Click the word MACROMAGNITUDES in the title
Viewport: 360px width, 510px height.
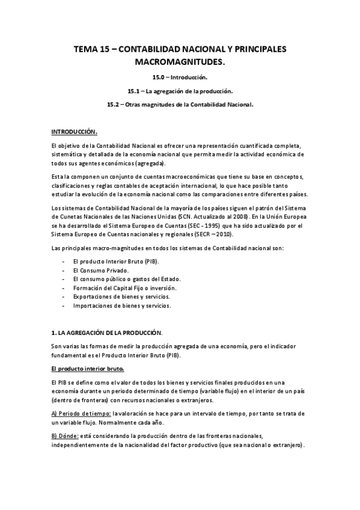click(x=180, y=62)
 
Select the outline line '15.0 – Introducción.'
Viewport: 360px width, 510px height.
click(x=180, y=78)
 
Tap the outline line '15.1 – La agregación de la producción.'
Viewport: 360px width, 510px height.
click(x=180, y=91)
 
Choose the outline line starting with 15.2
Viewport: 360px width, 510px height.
click(x=180, y=104)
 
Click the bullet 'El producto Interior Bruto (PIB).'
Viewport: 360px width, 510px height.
click(x=107, y=263)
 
